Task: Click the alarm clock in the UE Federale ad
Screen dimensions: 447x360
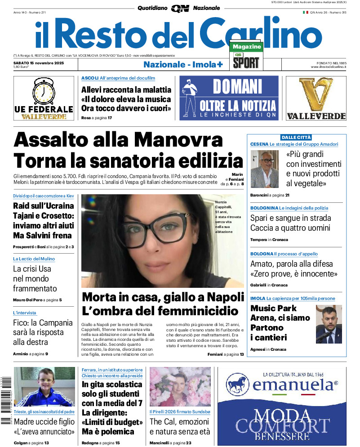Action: coord(43,92)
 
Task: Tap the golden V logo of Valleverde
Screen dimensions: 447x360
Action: coord(316,95)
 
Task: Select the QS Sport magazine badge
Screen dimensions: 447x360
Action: coord(246,56)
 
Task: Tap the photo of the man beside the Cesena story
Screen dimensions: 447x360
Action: coord(264,170)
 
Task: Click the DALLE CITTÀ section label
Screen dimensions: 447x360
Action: coord(296,137)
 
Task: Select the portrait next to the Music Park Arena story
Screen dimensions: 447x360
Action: coord(329,324)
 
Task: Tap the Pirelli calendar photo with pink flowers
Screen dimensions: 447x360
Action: coord(180,387)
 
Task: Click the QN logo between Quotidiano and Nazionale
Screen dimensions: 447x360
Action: coord(180,8)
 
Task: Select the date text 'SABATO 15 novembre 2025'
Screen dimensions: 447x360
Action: coord(39,63)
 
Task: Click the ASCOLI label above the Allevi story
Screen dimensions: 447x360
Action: coord(90,78)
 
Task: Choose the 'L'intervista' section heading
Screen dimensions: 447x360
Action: coord(25,313)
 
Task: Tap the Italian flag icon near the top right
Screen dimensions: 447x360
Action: coord(305,12)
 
